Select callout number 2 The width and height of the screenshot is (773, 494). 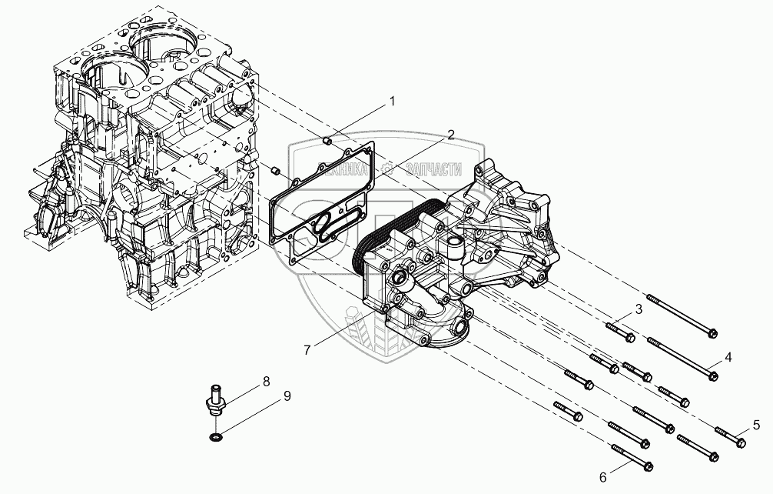coord(451,135)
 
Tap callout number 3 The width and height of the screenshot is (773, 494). coord(637,310)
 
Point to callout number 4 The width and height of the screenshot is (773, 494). coord(728,356)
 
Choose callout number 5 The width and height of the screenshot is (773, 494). coord(756,423)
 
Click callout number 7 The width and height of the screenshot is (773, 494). coord(307,349)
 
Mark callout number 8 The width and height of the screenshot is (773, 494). coord(267,381)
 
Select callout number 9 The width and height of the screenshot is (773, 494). coord(287,396)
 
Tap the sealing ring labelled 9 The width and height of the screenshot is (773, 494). coord(217,438)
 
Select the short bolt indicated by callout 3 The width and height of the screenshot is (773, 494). coord(619,332)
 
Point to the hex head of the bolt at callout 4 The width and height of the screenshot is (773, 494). coord(714,376)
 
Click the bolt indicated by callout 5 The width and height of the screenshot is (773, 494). coord(729,436)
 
